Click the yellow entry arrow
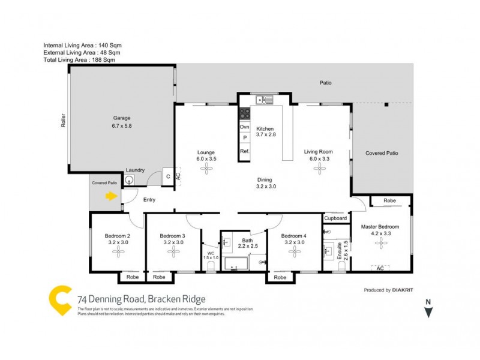111,196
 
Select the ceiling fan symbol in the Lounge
207,170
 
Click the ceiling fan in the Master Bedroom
380,243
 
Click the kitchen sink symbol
264,100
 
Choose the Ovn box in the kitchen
244,127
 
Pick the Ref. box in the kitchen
244,151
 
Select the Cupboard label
335,218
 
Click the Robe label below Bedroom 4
280,277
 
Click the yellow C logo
60,299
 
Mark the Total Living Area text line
79,60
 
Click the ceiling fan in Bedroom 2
119,253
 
